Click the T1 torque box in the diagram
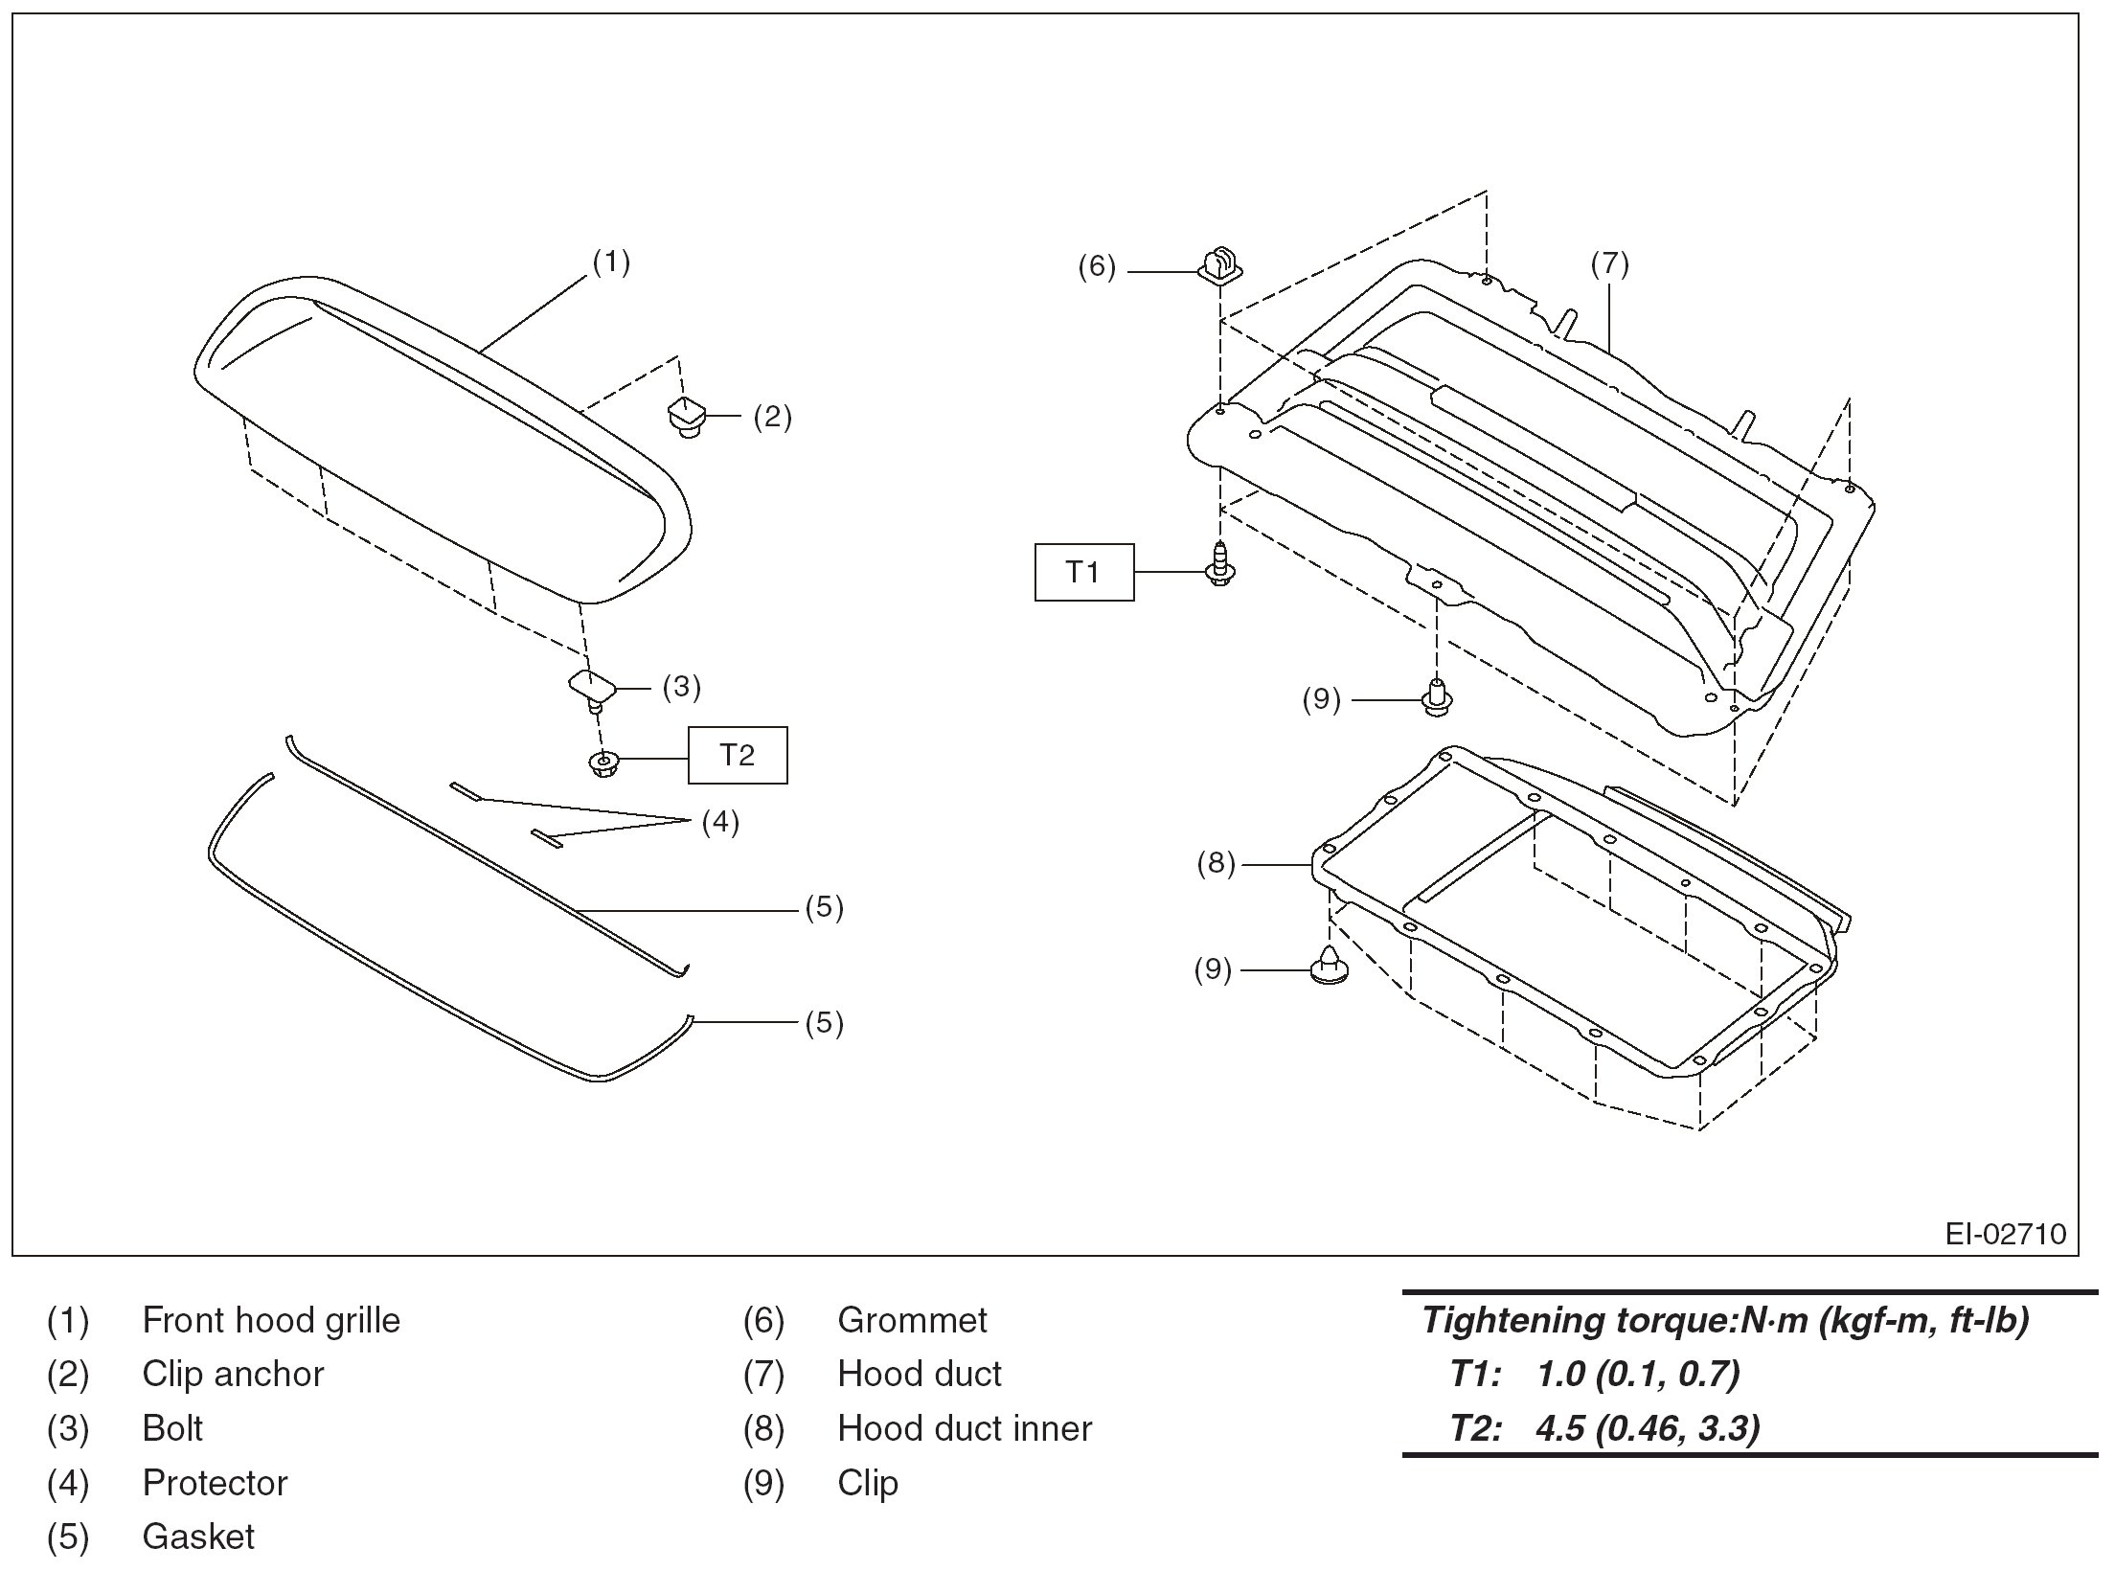[1083, 572]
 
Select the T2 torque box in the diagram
[737, 756]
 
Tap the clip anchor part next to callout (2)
[685, 417]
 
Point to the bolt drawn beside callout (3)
[592, 690]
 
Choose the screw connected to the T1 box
[1219, 564]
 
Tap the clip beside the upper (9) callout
[1437, 697]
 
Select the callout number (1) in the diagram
[611, 262]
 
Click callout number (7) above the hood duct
[1609, 263]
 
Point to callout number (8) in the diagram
[1216, 863]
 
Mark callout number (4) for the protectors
[720, 821]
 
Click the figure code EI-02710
[2005, 1233]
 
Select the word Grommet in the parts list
[911, 1320]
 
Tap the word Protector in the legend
[215, 1483]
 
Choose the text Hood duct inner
[964, 1428]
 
